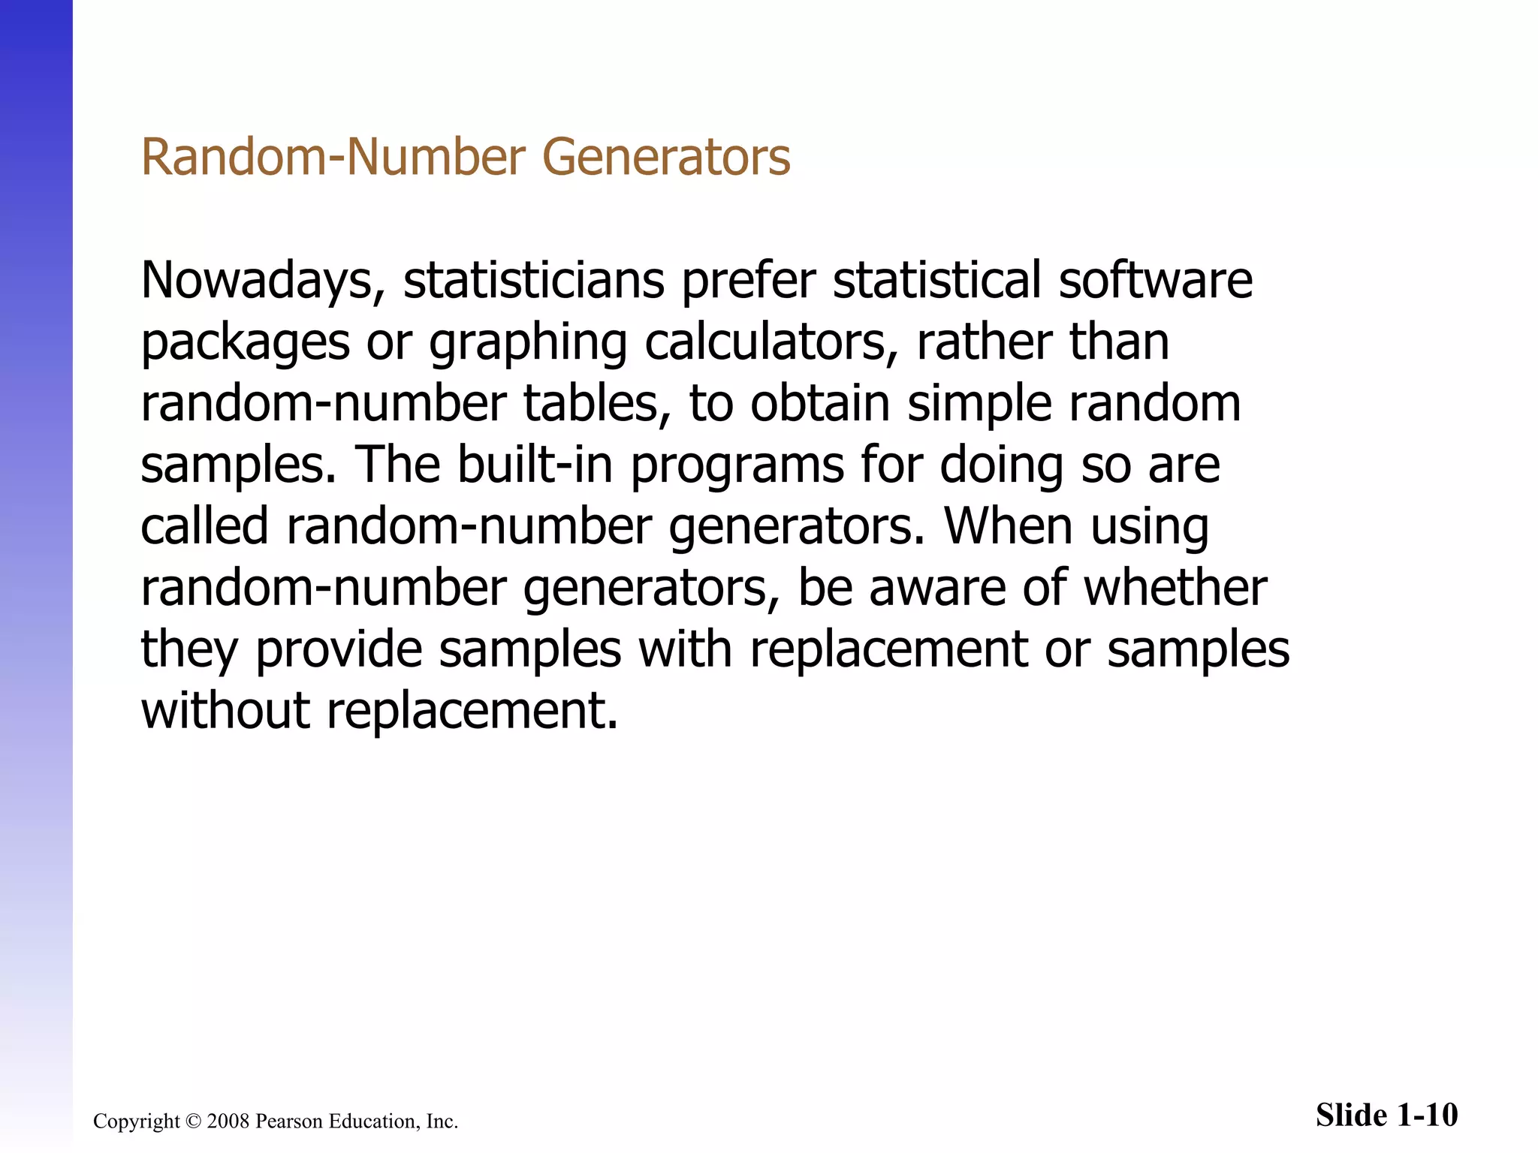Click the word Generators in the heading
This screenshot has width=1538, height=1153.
click(666, 158)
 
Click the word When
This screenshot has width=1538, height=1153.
click(1008, 526)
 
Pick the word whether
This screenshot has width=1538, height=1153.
click(1175, 588)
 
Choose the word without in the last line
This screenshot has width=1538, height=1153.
click(225, 711)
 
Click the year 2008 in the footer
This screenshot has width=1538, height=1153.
click(228, 1121)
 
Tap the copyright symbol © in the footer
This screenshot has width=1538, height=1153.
click(193, 1121)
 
